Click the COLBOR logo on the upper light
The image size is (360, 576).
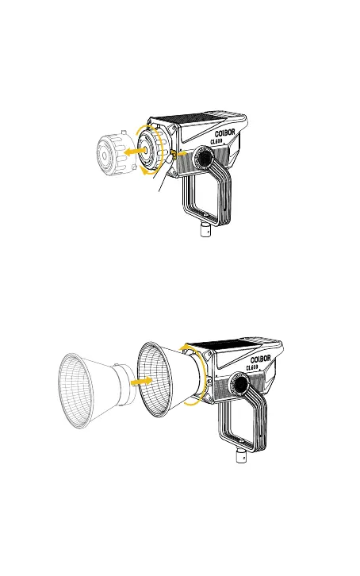(x=224, y=133)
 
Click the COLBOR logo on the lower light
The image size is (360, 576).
(x=261, y=359)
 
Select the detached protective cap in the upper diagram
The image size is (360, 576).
(x=115, y=154)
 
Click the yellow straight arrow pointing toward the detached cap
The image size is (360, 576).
(x=133, y=151)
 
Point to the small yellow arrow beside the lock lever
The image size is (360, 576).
(x=182, y=153)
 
